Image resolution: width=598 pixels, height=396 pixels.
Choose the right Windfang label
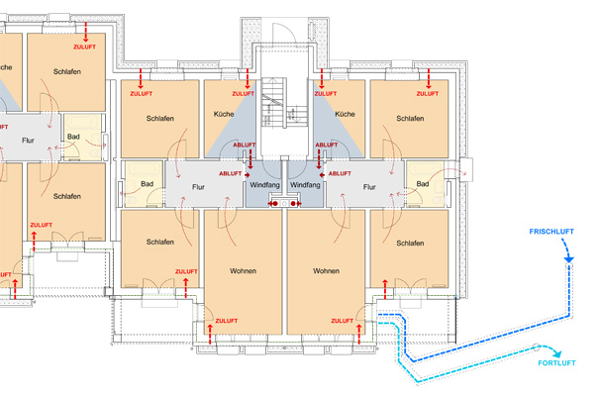[x=306, y=185]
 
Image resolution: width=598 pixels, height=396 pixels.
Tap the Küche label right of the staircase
[x=345, y=116]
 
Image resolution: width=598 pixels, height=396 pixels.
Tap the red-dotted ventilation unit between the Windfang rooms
[x=285, y=203]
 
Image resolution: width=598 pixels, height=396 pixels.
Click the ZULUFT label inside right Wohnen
[x=343, y=321]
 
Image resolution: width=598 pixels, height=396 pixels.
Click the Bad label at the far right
[x=424, y=184]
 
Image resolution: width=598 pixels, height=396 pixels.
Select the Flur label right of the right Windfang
[x=369, y=185]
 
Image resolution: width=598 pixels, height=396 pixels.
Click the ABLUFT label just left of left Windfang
[x=244, y=146]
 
